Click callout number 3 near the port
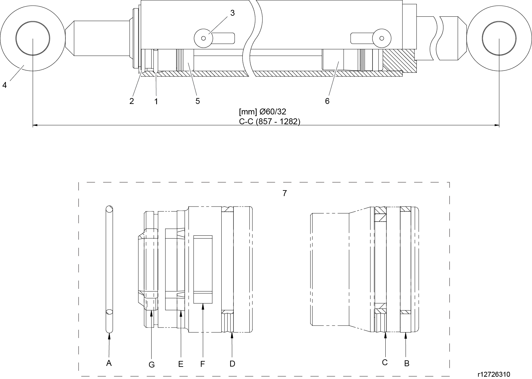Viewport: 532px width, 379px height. coord(232,13)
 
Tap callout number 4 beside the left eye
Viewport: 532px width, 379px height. coord(5,85)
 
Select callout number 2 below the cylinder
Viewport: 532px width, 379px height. coord(132,101)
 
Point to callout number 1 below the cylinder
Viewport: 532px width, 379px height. coord(156,102)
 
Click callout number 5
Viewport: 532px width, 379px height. coord(198,101)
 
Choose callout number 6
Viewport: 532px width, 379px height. coord(327,101)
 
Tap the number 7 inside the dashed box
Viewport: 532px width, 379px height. coord(284,193)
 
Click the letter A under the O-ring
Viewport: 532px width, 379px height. coord(109,363)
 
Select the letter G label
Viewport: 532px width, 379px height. coord(152,365)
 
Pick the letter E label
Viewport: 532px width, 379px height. coord(181,364)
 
